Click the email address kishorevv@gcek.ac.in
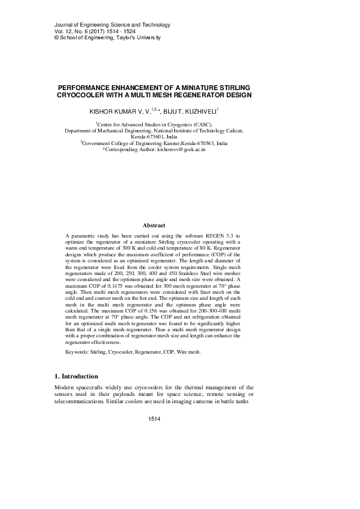tap(182, 148)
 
